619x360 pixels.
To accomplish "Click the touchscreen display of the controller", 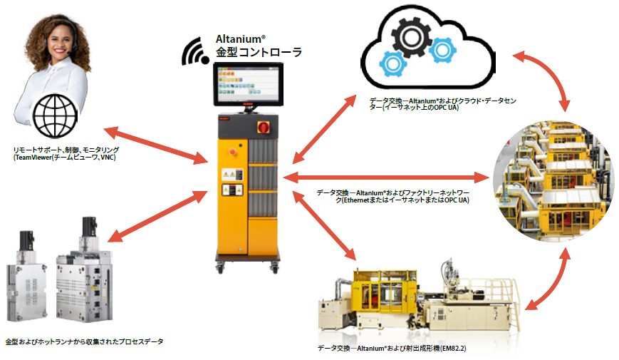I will click(246, 84).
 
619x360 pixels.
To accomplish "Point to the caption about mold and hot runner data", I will click(84, 342).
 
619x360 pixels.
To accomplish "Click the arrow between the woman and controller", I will click(154, 145).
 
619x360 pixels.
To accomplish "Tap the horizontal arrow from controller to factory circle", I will click(389, 176).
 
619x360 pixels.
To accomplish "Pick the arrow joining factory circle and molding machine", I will click(550, 282).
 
